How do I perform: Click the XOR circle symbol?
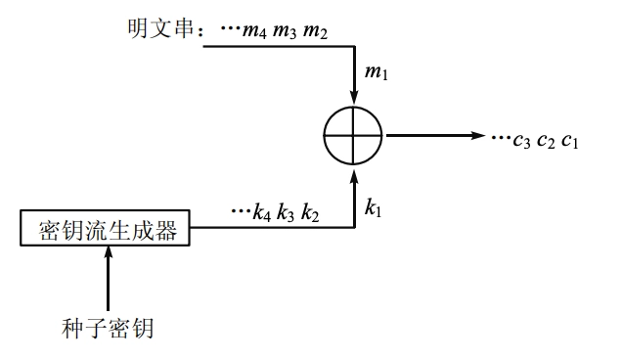(x=355, y=136)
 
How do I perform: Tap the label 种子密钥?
(x=107, y=328)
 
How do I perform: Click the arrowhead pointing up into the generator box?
(x=107, y=251)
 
